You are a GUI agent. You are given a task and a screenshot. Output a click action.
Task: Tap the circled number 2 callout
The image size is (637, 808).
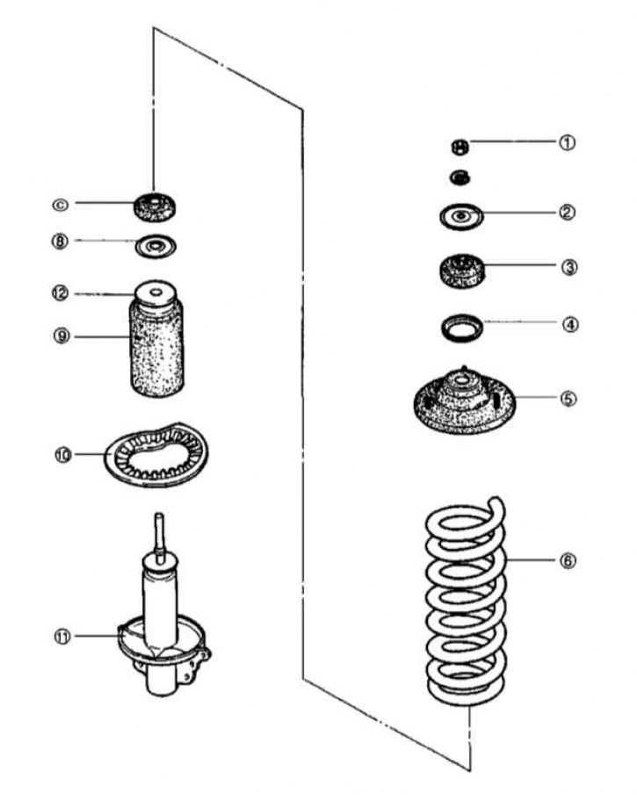click(568, 213)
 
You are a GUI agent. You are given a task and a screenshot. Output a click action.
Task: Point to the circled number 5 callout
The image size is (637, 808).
click(569, 398)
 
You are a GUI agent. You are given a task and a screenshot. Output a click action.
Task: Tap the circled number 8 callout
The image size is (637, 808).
click(60, 241)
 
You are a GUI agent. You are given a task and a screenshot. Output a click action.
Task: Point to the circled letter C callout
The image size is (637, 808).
click(60, 204)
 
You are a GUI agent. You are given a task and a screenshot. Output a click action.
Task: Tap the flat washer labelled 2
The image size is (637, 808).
click(460, 215)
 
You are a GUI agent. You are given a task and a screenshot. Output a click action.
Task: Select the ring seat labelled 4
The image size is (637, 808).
click(460, 330)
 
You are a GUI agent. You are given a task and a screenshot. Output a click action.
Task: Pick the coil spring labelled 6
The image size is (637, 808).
click(465, 606)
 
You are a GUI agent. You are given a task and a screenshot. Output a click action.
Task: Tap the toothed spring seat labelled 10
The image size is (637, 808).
click(148, 457)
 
